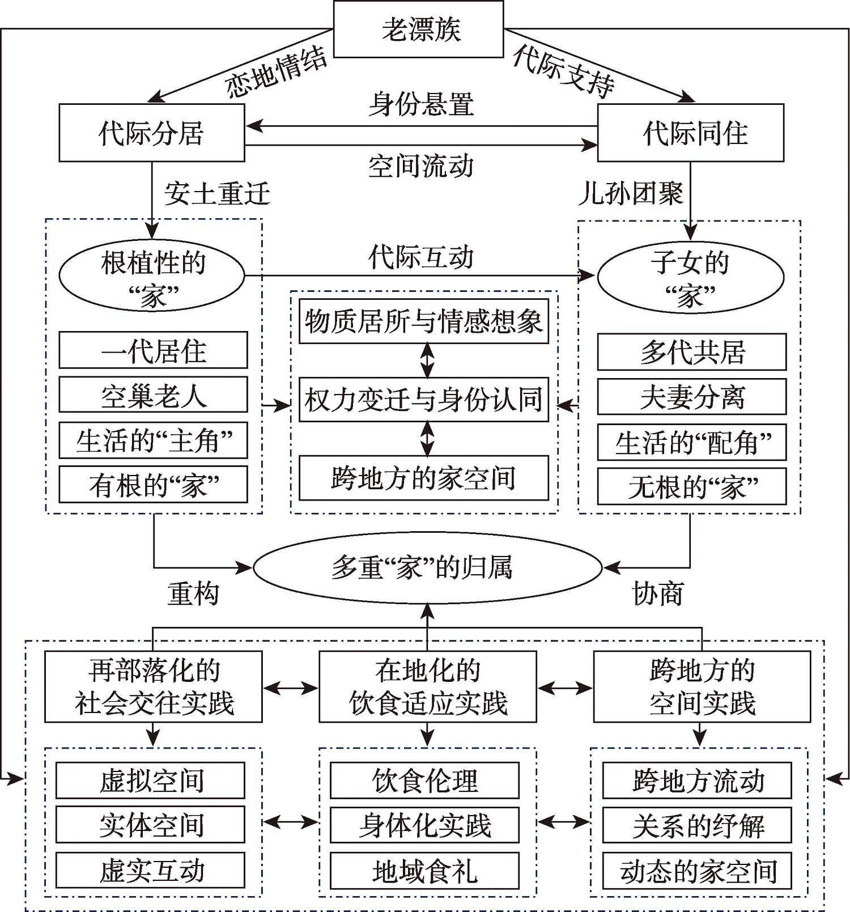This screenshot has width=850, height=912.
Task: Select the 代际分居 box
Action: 151,133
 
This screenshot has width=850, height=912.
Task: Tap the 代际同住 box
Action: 691,133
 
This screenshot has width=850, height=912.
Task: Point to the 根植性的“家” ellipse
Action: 152,276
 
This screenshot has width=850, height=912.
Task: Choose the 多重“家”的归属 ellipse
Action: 427,567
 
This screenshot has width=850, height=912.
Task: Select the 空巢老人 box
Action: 153,395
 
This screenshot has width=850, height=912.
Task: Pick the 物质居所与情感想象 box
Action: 424,321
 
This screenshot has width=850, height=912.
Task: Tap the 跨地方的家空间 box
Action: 424,478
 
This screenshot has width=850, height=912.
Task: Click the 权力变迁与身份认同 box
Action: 424,400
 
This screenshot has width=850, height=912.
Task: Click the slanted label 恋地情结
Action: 276,73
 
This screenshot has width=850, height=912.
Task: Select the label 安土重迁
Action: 217,194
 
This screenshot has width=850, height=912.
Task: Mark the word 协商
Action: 657,593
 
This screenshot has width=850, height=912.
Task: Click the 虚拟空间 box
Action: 151,780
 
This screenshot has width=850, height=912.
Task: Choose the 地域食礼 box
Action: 424,871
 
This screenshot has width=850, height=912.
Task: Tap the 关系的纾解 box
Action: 697,825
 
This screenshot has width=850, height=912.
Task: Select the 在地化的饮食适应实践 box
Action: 427,686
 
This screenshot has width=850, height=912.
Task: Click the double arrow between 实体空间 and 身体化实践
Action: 290,821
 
